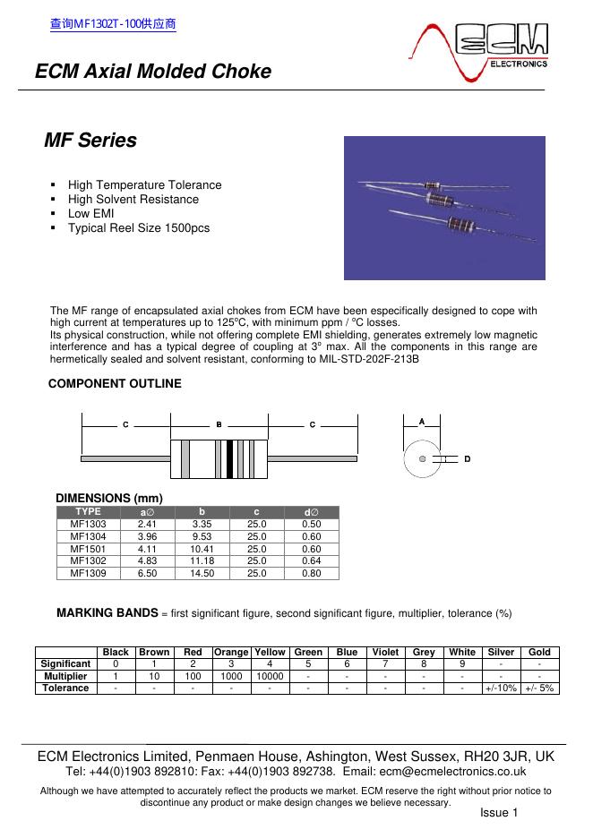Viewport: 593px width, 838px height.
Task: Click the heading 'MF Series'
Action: pyautogui.click(x=90, y=141)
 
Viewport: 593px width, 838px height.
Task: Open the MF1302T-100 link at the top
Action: pyautogui.click(x=112, y=24)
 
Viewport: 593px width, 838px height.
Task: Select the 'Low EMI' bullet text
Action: pyautogui.click(x=90, y=213)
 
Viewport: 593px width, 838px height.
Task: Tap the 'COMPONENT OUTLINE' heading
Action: pyautogui.click(x=114, y=383)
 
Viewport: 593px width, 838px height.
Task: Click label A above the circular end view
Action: pyautogui.click(x=422, y=421)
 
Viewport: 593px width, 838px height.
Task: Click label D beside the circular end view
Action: pyautogui.click(x=467, y=458)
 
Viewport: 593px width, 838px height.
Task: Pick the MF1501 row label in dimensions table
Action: pyautogui.click(x=88, y=549)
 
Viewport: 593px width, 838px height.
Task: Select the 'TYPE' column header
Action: pyautogui.click(x=88, y=511)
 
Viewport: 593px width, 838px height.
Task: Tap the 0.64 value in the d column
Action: pyautogui.click(x=311, y=560)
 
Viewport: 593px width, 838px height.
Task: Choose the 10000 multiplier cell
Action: pyautogui.click(x=270, y=676)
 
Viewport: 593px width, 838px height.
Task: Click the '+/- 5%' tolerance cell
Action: pyautogui.click(x=539, y=688)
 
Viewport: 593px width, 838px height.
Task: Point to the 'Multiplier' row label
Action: pyautogui.click(x=65, y=676)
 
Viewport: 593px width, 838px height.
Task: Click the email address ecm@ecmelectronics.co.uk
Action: pyautogui.click(x=465, y=771)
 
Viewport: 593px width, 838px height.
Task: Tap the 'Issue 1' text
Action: pyautogui.click(x=499, y=812)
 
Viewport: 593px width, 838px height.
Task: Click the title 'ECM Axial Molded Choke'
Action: pyautogui.click(x=153, y=72)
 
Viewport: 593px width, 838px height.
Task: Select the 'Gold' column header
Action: pyautogui.click(x=539, y=652)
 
